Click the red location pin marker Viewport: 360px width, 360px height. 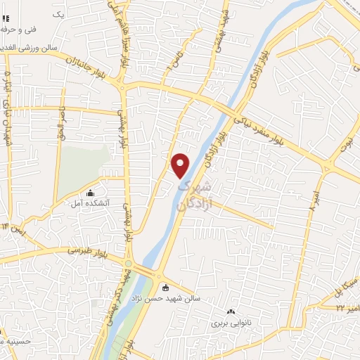pos(181,165)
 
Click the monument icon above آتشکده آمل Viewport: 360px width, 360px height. pos(89,193)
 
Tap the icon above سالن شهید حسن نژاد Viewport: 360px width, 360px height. pos(165,287)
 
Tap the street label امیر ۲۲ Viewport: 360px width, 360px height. pos(346,307)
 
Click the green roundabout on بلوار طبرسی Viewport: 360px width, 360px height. pos(127,264)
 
